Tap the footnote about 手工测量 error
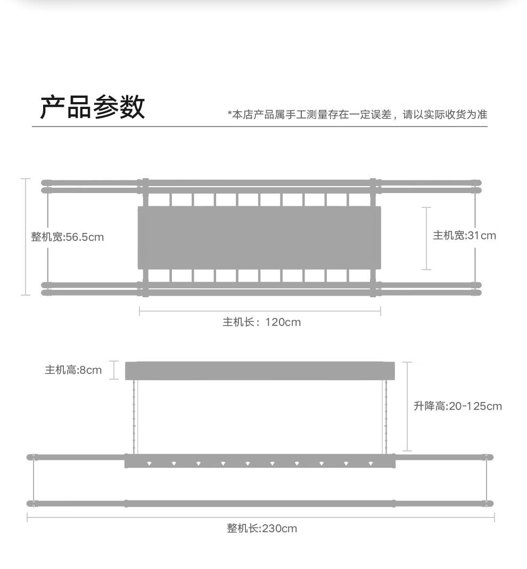(357, 114)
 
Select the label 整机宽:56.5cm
(68, 237)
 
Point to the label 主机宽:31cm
(464, 236)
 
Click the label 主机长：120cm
(261, 322)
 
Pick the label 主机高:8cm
(73, 370)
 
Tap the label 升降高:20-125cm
(458, 406)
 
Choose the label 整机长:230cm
(262, 529)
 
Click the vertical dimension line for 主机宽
(426, 238)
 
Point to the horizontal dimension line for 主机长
(260, 311)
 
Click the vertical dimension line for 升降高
(407, 406)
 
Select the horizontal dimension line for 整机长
(261, 517)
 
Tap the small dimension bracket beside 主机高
(114, 371)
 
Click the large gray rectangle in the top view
(259, 237)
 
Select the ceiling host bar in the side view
(260, 371)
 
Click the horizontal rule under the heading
(260, 127)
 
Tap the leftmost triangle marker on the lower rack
(149, 463)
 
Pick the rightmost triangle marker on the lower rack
(370, 463)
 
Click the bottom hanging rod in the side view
(260, 503)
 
